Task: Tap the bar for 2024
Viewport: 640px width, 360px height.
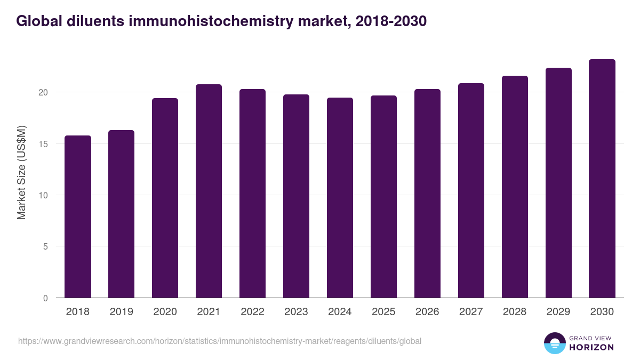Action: pos(340,198)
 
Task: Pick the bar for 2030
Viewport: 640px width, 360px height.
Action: pos(602,179)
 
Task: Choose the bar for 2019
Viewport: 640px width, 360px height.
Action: pos(121,214)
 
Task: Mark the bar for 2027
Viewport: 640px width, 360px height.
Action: pos(471,190)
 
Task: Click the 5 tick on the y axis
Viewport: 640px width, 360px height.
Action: pos(45,247)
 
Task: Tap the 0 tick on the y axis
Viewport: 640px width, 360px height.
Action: pos(45,298)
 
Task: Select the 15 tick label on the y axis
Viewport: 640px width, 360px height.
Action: pos(43,144)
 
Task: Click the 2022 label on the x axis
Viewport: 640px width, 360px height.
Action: pos(252,312)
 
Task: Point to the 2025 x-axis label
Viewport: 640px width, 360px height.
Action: pos(383,312)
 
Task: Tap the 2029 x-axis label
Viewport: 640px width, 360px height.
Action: pos(558,312)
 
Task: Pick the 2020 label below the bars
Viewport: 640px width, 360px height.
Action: pos(165,312)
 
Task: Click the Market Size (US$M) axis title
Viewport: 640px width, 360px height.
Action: pos(22,173)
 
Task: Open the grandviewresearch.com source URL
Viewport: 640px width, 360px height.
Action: pos(220,341)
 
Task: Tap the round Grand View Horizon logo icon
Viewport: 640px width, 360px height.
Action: pos(555,343)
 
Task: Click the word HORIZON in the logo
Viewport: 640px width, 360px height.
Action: pos(592,347)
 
